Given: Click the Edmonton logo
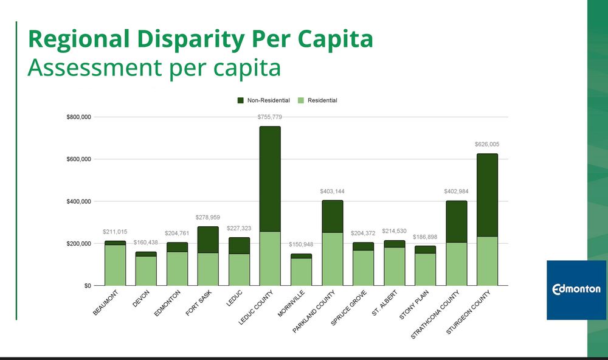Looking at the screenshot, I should click(576, 289).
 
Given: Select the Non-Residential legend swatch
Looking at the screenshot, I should click(240, 100).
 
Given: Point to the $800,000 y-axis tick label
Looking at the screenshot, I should click(78, 117).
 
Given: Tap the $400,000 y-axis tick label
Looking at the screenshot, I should click(78, 201).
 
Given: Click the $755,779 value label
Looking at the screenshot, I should click(270, 117).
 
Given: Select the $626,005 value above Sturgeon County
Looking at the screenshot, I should click(487, 145).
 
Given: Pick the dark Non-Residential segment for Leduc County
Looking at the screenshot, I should click(270, 179).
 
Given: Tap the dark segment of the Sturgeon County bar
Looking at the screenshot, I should click(487, 195).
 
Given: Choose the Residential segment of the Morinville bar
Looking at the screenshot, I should click(301, 272).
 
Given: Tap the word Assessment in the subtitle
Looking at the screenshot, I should click(94, 67).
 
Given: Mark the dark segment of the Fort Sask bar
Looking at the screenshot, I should click(208, 240).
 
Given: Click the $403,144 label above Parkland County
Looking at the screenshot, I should click(333, 192).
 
